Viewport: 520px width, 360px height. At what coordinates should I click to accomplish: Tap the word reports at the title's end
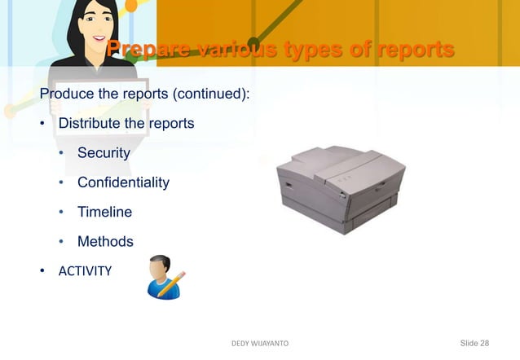pyautogui.click(x=411, y=50)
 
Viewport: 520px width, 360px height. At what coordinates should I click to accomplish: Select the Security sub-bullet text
pyautogui.click(x=104, y=153)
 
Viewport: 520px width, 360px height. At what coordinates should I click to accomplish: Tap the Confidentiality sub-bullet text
pyautogui.click(x=123, y=182)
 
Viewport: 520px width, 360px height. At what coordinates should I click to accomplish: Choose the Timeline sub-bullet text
pyautogui.click(x=104, y=212)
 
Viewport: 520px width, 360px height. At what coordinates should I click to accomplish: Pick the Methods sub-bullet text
pyautogui.click(x=105, y=241)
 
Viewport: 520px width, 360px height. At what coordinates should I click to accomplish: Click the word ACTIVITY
pyautogui.click(x=85, y=270)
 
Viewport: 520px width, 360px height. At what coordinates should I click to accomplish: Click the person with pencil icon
pyautogui.click(x=165, y=277)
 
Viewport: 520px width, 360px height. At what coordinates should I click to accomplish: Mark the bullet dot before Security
pyautogui.click(x=60, y=153)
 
